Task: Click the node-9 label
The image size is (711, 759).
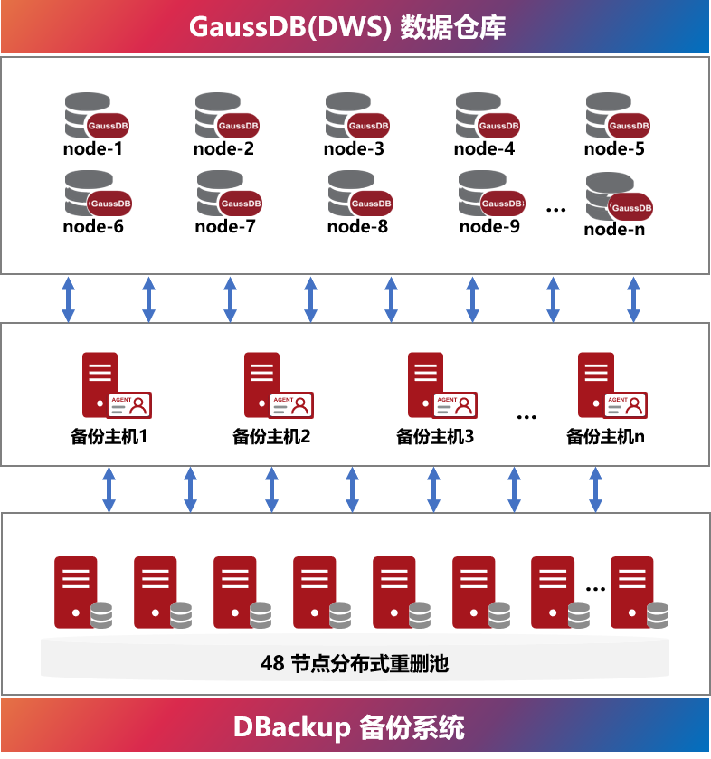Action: click(489, 226)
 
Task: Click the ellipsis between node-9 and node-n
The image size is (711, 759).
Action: click(556, 210)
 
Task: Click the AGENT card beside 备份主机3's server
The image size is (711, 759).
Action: click(456, 404)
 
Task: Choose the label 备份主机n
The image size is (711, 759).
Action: click(605, 436)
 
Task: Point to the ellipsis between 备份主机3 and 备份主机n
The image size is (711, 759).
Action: click(526, 417)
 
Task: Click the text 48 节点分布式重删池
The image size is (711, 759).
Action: click(355, 663)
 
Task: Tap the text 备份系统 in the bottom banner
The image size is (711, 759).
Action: click(412, 727)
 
